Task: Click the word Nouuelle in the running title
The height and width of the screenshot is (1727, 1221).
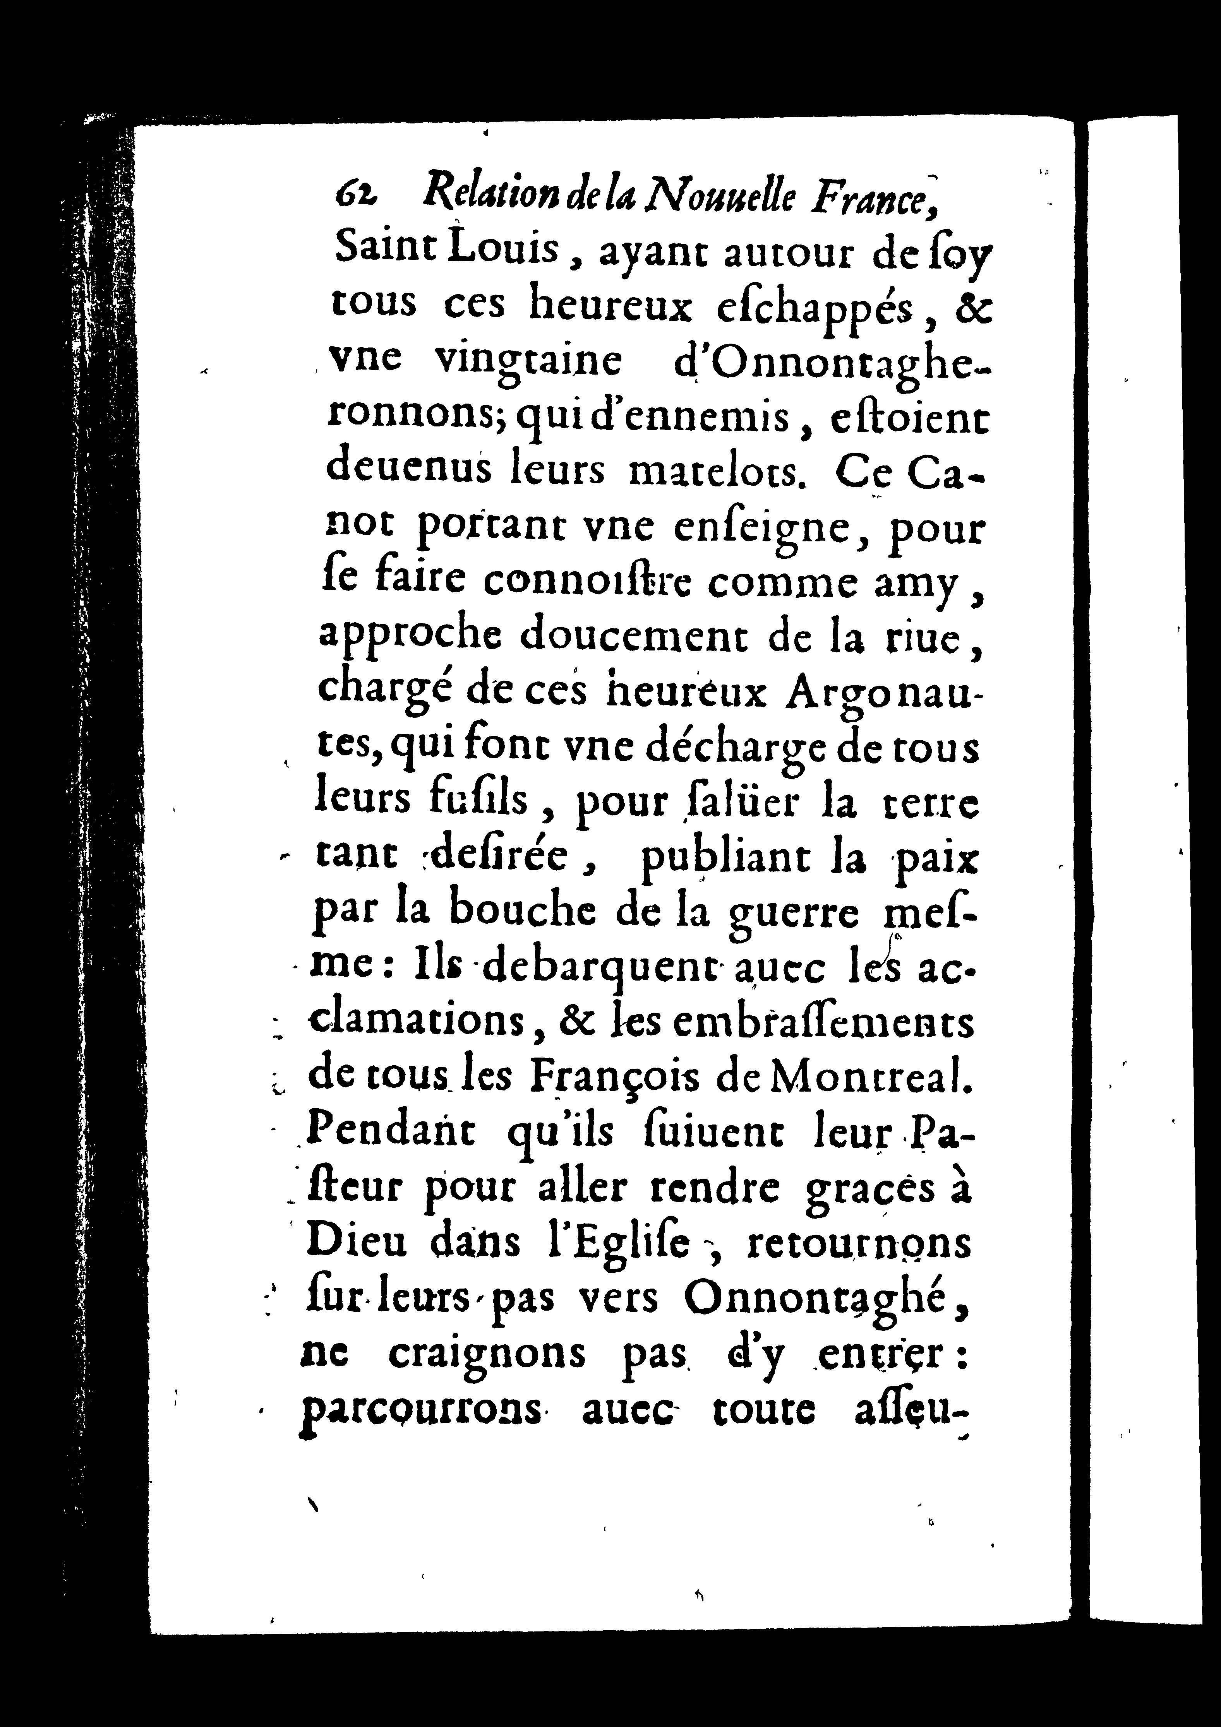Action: [717, 197]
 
